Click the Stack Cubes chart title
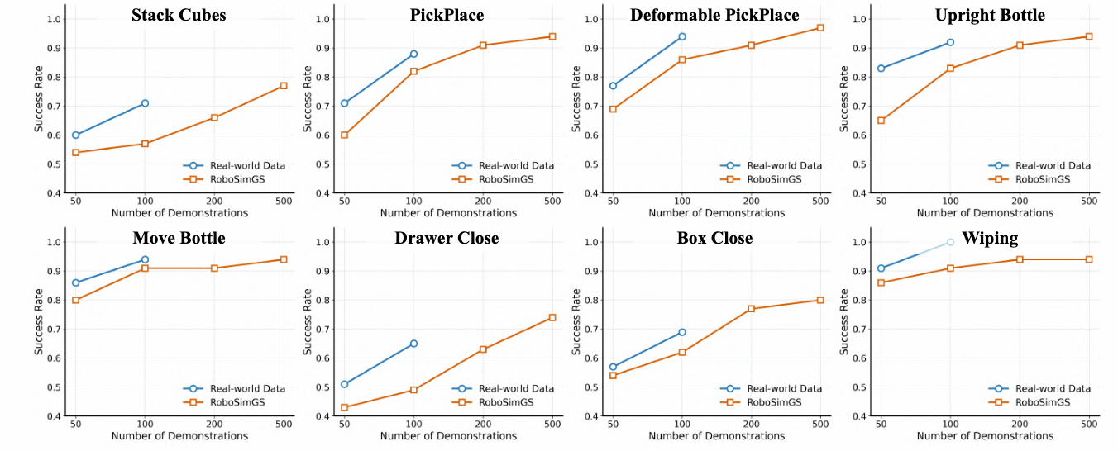[179, 15]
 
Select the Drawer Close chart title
[447, 238]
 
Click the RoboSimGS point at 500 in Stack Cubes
[284, 86]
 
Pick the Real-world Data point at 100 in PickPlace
[413, 55]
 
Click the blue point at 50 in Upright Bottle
[881, 69]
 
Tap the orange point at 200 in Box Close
[751, 309]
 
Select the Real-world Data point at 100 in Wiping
[950, 242]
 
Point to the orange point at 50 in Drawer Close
[344, 407]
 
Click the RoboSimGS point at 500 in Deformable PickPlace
[820, 28]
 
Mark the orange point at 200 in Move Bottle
[214, 268]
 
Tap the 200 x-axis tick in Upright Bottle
[1020, 201]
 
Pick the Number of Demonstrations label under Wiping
[985, 436]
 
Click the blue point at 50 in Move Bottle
[75, 282]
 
